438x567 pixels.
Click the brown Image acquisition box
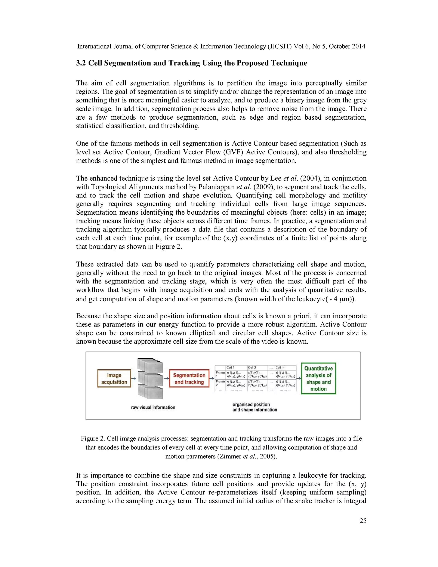point(114,378)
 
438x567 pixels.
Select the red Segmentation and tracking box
point(189,378)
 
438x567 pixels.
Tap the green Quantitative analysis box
point(318,378)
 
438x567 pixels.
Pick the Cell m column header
point(280,367)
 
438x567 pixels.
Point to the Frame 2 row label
point(220,383)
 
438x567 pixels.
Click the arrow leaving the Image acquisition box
point(134,378)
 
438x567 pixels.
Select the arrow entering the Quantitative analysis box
point(298,378)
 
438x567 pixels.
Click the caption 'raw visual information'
point(153,407)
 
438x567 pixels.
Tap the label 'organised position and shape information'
point(255,407)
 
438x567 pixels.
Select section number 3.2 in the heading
point(81,63)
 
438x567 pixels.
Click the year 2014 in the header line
point(359,46)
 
